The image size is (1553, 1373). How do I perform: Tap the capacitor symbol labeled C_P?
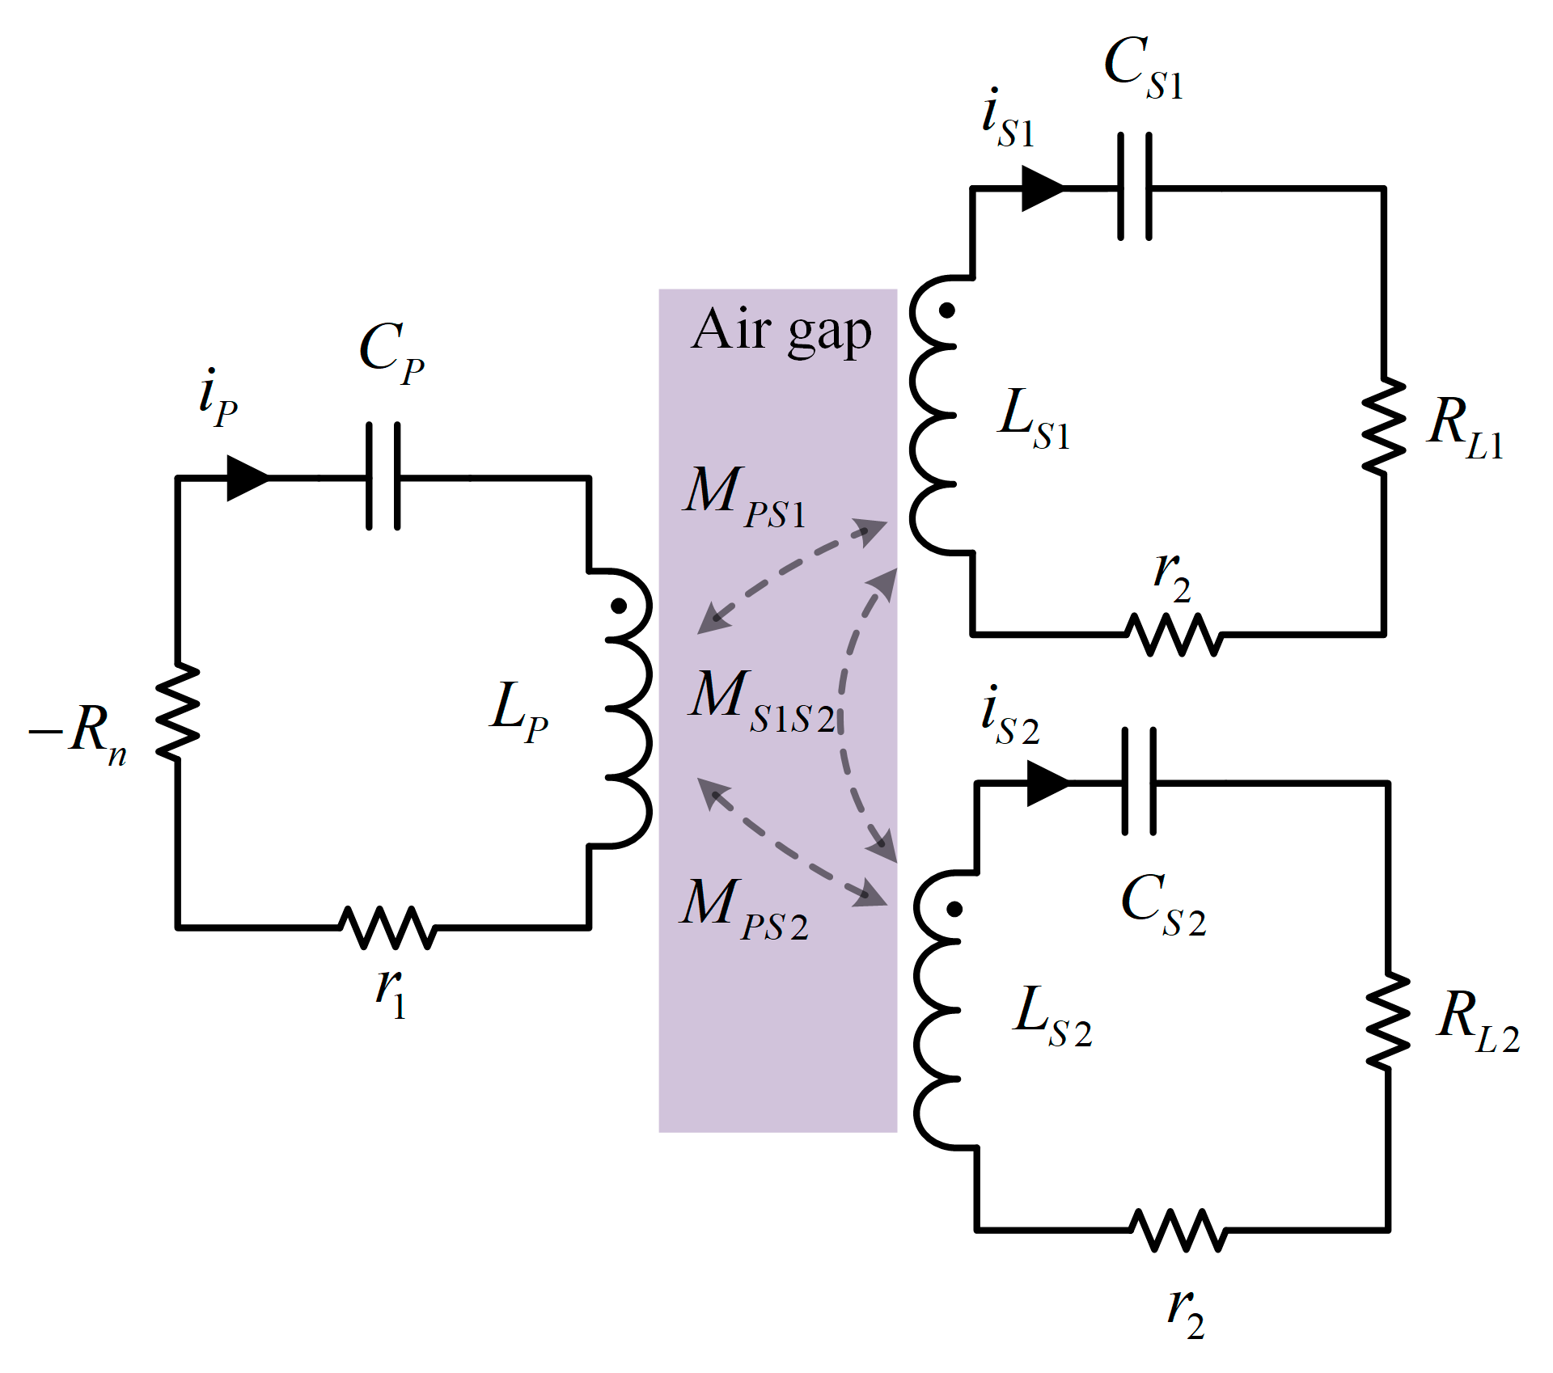(383, 477)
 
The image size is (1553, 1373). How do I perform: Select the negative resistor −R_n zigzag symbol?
(177, 712)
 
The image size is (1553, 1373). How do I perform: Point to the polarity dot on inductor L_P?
(618, 606)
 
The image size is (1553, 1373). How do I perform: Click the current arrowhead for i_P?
(247, 478)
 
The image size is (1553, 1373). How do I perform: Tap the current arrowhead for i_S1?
(1042, 188)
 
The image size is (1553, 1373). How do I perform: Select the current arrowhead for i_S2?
(1047, 783)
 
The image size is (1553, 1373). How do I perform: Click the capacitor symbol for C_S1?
(1135, 188)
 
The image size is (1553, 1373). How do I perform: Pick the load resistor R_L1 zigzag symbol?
(1384, 425)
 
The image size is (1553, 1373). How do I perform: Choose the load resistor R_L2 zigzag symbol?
(1388, 1021)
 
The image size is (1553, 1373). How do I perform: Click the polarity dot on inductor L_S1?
(946, 311)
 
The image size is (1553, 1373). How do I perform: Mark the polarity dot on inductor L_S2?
(954, 909)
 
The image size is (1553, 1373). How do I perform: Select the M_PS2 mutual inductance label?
(743, 909)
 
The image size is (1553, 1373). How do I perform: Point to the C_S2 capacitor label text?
(1162, 906)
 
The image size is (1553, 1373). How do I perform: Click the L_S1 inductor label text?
(1034, 419)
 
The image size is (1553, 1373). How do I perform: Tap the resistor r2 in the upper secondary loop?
(1174, 634)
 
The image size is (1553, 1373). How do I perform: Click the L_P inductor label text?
(518, 710)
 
